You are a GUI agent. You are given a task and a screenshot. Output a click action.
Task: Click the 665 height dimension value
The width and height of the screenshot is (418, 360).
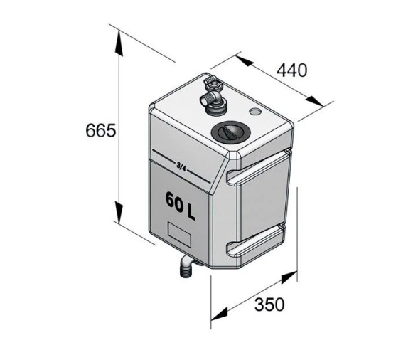(x=101, y=130)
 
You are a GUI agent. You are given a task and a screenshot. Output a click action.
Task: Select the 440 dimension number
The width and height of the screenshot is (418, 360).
(x=292, y=70)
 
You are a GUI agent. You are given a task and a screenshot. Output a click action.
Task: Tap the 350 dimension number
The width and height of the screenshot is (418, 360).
(x=269, y=305)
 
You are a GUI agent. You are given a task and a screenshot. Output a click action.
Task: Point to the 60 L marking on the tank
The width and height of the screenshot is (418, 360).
(x=181, y=206)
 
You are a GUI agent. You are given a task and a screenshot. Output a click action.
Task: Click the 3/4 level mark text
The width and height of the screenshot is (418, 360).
(x=181, y=166)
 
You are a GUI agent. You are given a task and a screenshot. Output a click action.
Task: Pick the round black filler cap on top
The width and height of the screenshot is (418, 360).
(x=230, y=132)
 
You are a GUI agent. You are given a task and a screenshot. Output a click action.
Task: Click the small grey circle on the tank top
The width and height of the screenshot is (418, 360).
(x=254, y=111)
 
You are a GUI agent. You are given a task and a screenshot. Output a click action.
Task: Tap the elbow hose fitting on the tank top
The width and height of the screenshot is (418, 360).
(x=213, y=102)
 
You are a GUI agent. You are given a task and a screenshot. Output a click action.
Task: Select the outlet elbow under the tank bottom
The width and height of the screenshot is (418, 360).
(x=186, y=266)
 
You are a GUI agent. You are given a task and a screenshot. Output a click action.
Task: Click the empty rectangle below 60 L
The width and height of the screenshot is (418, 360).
(x=179, y=234)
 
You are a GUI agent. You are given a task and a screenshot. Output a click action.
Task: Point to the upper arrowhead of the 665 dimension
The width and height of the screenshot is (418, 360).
(x=119, y=43)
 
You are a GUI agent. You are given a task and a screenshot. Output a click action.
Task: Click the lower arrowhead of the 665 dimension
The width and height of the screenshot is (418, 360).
(x=119, y=212)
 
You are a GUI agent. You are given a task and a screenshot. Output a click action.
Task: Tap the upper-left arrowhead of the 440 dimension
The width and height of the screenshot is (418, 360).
(x=245, y=61)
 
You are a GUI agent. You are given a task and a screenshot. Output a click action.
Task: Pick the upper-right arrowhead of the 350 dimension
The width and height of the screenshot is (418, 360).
(x=289, y=277)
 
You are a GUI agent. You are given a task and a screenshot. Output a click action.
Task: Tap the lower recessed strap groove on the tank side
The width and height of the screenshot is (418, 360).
(x=256, y=240)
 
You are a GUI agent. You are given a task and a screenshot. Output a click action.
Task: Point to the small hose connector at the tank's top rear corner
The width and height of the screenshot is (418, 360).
(x=210, y=82)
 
